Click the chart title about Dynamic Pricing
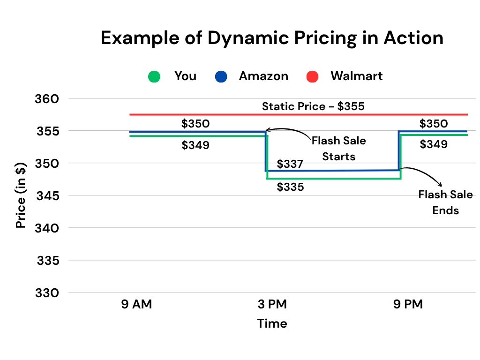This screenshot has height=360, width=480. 272,38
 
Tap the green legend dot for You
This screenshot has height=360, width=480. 154,76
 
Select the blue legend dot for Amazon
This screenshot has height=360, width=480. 221,76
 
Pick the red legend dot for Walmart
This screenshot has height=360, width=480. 312,76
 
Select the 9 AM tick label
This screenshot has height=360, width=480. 137,305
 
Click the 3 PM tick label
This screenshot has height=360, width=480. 272,305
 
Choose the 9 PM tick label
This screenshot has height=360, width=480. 408,305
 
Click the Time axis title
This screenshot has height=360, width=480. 272,323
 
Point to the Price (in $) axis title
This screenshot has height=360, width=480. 21,195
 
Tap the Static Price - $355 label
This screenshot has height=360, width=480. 313,106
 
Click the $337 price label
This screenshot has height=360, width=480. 290,164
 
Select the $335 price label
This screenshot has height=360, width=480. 290,187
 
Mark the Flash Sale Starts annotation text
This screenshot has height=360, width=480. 339,148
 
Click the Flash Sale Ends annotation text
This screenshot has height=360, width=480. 445,202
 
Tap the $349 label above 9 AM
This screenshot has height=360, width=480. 195,145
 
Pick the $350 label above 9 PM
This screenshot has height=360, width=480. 434,124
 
